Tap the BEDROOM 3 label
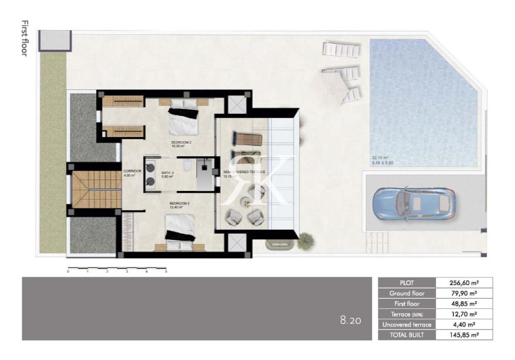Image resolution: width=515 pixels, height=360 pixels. (179, 203)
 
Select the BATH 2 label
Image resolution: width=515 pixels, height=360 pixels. (168, 173)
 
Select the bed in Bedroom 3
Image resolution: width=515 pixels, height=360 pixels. (183, 229)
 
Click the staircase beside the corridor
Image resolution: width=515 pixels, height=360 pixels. (87, 190)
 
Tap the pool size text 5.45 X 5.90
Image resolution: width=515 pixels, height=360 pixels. (383, 163)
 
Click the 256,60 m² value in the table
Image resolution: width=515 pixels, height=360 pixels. (463, 282)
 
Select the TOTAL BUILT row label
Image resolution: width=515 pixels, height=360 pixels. (407, 335)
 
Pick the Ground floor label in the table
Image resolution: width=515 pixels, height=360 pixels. (407, 293)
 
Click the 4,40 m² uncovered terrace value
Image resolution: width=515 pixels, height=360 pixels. (465, 325)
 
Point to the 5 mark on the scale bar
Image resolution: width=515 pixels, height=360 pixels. (166, 271)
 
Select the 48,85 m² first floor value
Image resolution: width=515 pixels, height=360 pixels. (464, 303)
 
